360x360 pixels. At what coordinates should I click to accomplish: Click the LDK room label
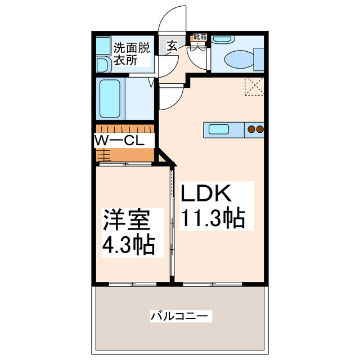point(206,194)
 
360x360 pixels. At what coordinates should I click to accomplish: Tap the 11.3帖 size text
point(213,217)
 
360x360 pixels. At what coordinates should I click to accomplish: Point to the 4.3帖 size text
point(128,246)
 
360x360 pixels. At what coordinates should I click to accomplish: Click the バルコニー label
point(181,316)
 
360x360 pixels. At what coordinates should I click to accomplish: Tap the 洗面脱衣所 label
point(132,54)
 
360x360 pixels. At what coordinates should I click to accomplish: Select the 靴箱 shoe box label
point(200,37)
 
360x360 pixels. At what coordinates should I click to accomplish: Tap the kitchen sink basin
point(218,129)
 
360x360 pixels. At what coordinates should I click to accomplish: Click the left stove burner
point(251,129)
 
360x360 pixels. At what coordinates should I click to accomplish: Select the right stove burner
point(260,129)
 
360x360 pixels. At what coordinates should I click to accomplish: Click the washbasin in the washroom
point(103,64)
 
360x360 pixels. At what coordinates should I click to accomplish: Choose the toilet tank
point(259,58)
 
